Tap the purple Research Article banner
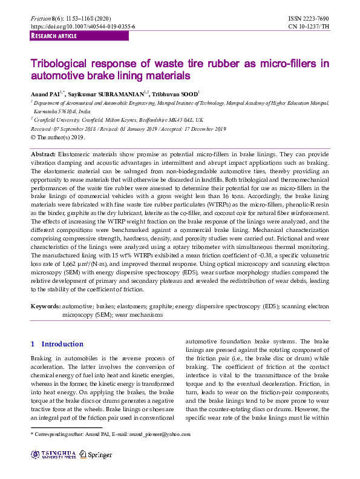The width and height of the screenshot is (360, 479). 79,36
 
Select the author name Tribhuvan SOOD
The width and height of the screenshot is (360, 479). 175,95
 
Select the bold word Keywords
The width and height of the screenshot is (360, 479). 46,307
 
